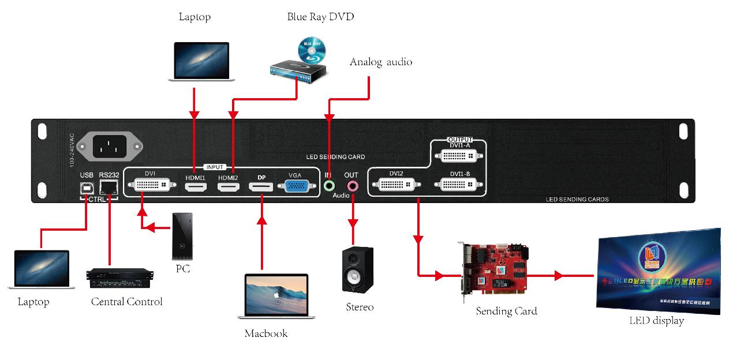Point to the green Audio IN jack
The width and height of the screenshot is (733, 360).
pyautogui.click(x=328, y=186)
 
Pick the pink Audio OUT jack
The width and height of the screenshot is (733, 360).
pyautogui.click(x=351, y=186)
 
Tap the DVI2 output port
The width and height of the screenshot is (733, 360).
pyautogui.click(x=396, y=185)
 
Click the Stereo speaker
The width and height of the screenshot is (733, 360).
pyautogui.click(x=358, y=269)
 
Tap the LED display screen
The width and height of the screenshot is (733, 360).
pyautogui.click(x=658, y=271)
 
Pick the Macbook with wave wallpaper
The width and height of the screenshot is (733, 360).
pyautogui.click(x=276, y=296)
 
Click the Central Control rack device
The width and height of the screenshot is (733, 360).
pyautogui.click(x=119, y=278)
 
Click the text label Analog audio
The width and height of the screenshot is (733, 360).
pyautogui.click(x=381, y=62)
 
